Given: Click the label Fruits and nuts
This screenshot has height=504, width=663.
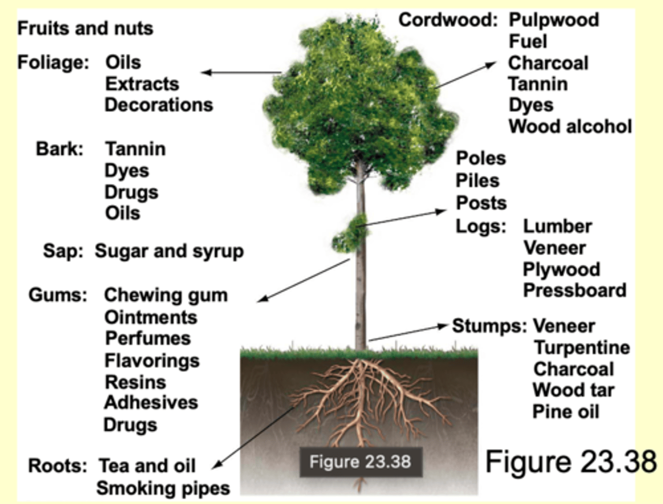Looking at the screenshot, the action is pyautogui.click(x=85, y=29).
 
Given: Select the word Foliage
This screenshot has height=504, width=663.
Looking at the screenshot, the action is pyautogui.click(x=52, y=62).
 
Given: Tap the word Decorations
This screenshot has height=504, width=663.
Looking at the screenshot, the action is pyautogui.click(x=159, y=105).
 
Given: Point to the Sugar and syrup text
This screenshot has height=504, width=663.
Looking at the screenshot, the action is pyautogui.click(x=169, y=252).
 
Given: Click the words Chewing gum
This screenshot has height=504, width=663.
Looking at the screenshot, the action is pyautogui.click(x=166, y=295).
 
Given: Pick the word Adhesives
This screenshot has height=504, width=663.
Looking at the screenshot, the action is pyautogui.click(x=151, y=403).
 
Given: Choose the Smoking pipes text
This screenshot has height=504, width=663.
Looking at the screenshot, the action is pyautogui.click(x=163, y=488).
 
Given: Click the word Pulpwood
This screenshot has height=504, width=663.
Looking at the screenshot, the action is pyautogui.click(x=553, y=20).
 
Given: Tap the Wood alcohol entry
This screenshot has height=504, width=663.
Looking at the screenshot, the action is pyautogui.click(x=570, y=127).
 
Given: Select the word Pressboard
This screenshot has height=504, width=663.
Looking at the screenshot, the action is pyautogui.click(x=575, y=291).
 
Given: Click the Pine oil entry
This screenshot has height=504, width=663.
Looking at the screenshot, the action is pyautogui.click(x=566, y=412).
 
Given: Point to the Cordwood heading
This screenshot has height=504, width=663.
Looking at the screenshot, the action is pyautogui.click(x=448, y=20).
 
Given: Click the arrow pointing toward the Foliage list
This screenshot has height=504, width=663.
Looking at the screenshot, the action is pyautogui.click(x=241, y=72).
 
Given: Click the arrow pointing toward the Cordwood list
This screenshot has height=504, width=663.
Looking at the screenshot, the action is pyautogui.click(x=465, y=75).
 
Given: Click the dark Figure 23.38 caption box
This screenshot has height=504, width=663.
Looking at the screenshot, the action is pyautogui.click(x=361, y=462).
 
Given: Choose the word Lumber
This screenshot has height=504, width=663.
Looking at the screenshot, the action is pyautogui.click(x=557, y=227).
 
